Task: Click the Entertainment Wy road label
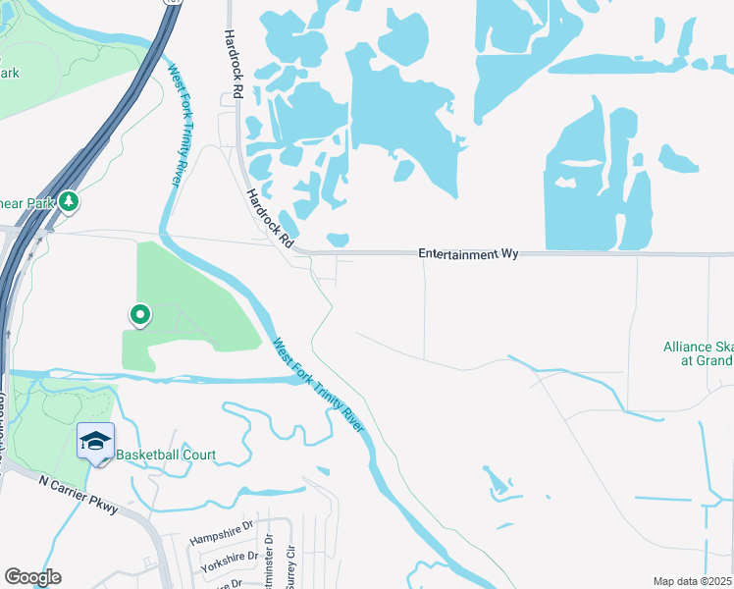[468, 253]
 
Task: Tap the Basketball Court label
[166, 455]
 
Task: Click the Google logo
[32, 577]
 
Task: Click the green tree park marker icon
[69, 201]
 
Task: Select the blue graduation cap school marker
[96, 442]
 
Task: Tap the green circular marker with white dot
[140, 315]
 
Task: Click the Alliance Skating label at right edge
[698, 353]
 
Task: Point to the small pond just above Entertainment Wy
[338, 240]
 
